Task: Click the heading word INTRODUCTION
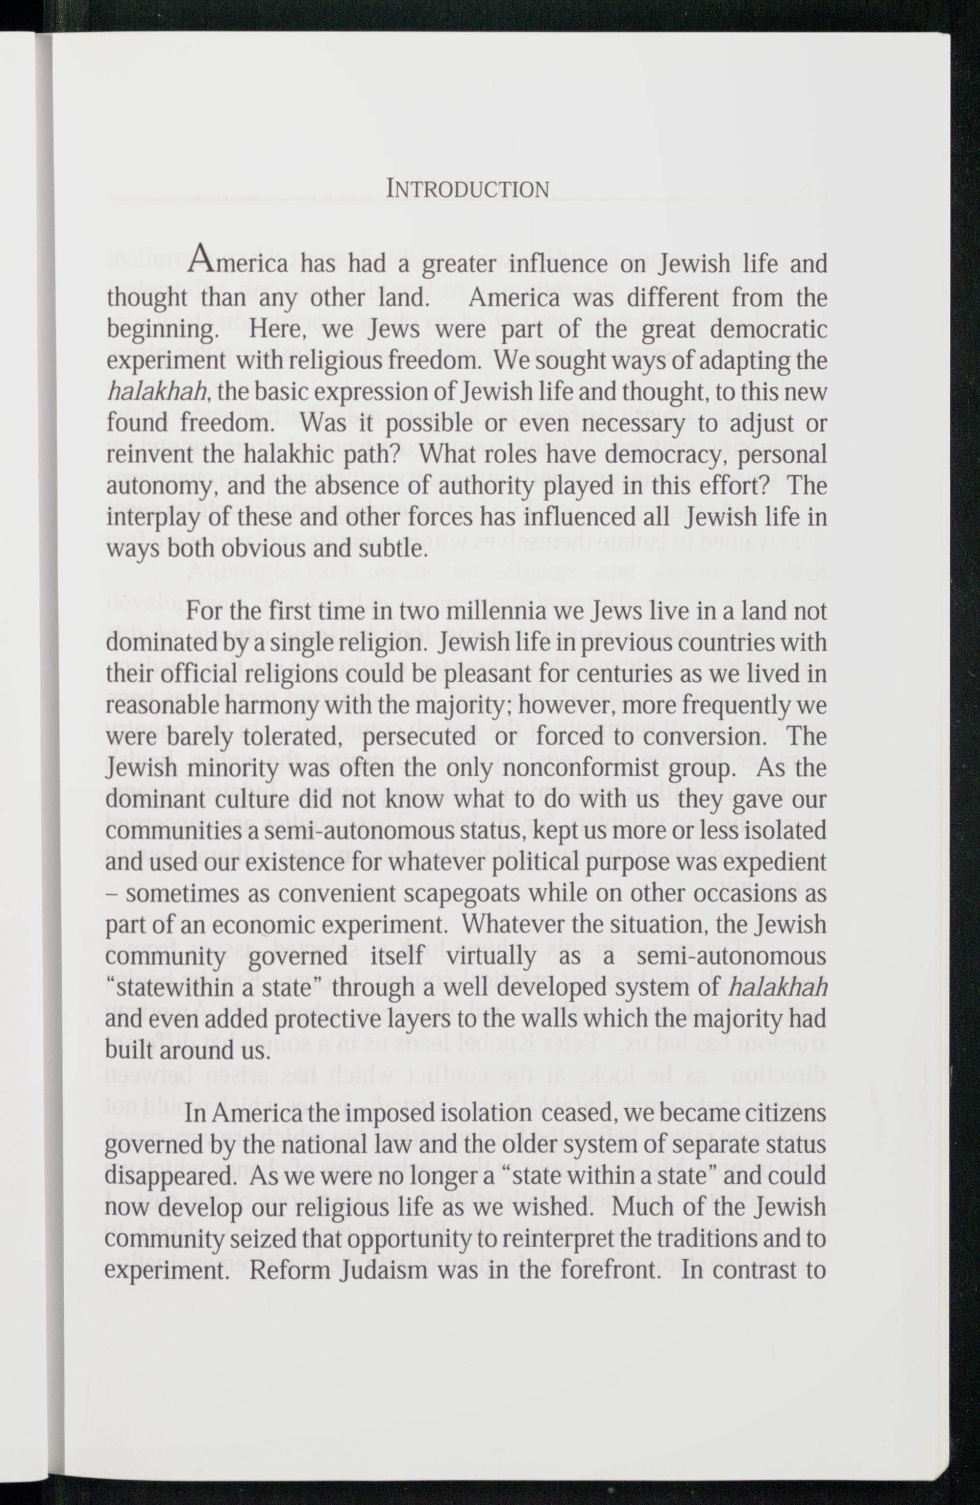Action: (x=467, y=189)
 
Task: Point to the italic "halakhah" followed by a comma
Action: (x=158, y=392)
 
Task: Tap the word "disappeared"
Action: (x=172, y=1176)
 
